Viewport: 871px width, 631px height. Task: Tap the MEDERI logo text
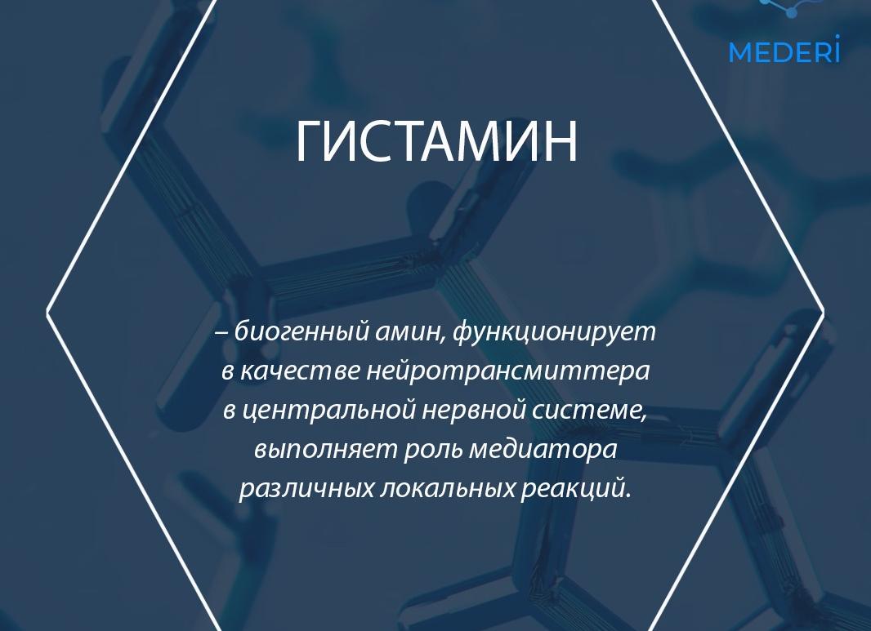[784, 52]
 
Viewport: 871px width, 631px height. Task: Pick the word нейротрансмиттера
[507, 371]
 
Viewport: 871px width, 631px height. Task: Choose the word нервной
[474, 410]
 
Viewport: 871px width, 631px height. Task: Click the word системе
[589, 410]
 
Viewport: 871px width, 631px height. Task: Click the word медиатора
[543, 449]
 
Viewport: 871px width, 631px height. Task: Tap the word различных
[306, 488]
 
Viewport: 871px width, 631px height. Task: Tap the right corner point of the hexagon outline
[823, 312]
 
